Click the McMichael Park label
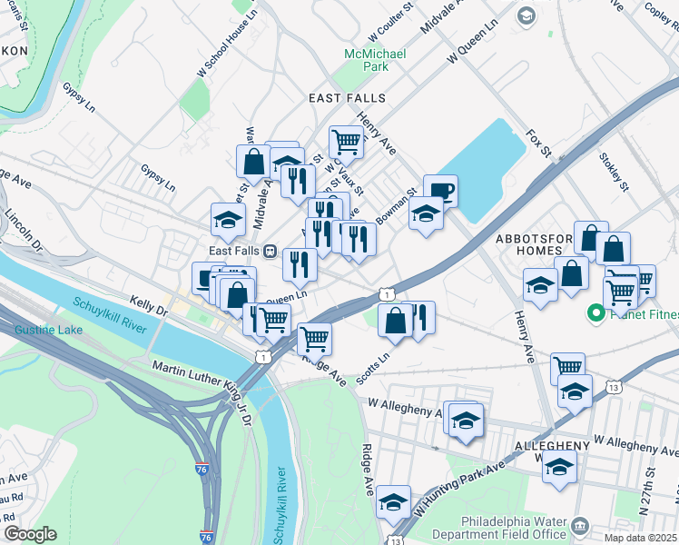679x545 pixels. [x=366, y=60]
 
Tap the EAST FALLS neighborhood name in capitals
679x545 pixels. [x=347, y=98]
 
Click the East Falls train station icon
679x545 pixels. [x=270, y=252]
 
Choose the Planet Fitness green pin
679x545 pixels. [x=596, y=314]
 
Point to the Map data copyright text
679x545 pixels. [x=640, y=538]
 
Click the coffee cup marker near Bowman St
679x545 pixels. [x=440, y=191]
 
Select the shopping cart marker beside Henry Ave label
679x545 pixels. [x=346, y=142]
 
